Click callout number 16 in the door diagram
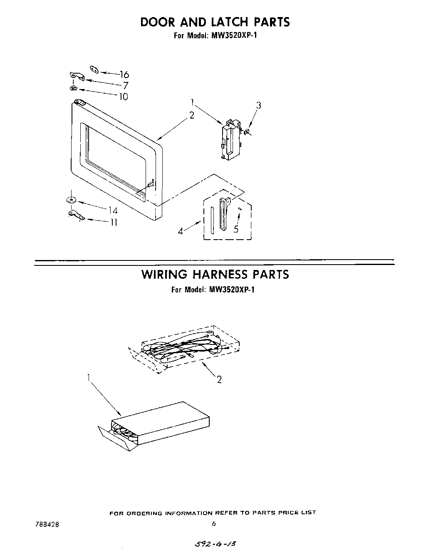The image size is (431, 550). tap(124, 75)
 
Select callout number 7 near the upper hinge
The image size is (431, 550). tap(125, 86)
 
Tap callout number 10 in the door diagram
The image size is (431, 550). tap(124, 97)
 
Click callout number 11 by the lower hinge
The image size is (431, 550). tap(113, 223)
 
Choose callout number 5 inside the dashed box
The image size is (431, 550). tap(236, 229)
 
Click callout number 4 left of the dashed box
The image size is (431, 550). tap(181, 232)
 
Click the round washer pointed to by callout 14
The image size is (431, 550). tap(71, 200)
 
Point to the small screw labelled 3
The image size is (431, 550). tap(247, 132)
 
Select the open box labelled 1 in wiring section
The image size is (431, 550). tap(154, 427)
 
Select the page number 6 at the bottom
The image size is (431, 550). tap(213, 524)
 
